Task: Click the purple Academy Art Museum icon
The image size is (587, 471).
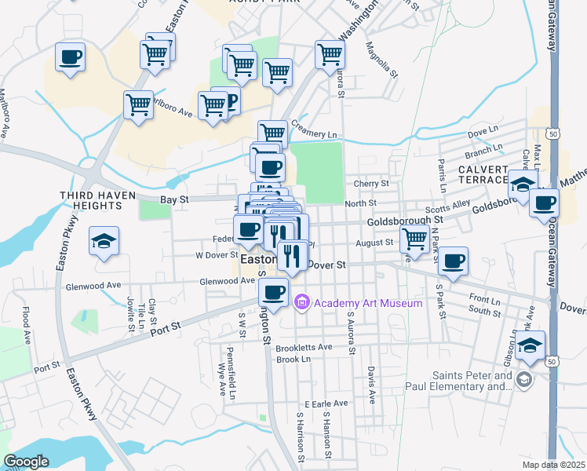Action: coord(301,303)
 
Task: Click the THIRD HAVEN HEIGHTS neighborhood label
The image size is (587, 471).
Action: coord(90,200)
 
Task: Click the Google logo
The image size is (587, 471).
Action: coord(26,461)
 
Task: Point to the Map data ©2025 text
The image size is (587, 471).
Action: coord(553,465)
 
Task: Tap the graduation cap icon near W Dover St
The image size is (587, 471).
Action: coord(103,241)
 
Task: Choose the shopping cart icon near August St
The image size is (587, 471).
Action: coord(414,237)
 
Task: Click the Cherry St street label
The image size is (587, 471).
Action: coord(371,184)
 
